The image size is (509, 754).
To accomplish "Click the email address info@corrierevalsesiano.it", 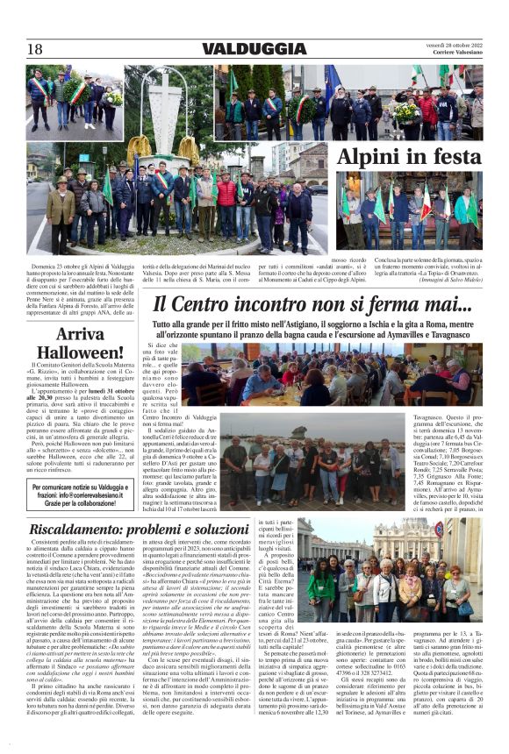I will pos(92,496).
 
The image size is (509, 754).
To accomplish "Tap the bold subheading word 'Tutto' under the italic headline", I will pos(164,324).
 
